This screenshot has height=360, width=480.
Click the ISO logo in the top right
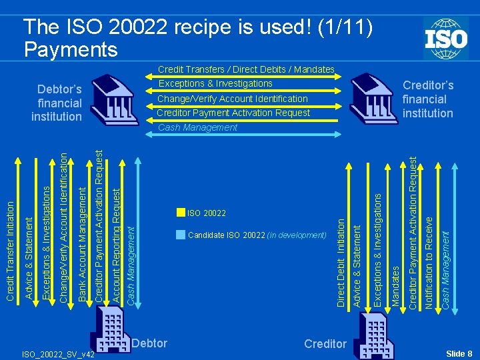pos(445,39)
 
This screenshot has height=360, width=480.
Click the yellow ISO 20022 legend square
pos(181,213)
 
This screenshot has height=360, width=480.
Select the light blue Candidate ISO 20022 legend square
pos(181,235)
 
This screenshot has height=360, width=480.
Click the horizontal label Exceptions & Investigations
pos(215,83)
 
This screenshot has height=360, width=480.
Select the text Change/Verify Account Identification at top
pos(232,99)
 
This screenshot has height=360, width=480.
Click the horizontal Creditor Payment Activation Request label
pos(233,113)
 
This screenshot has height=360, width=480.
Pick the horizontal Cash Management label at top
pos(197,127)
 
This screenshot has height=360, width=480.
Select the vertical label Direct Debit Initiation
pos(341,258)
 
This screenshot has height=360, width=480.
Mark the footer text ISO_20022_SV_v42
pos(59,355)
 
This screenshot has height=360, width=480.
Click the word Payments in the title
pos(70,49)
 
